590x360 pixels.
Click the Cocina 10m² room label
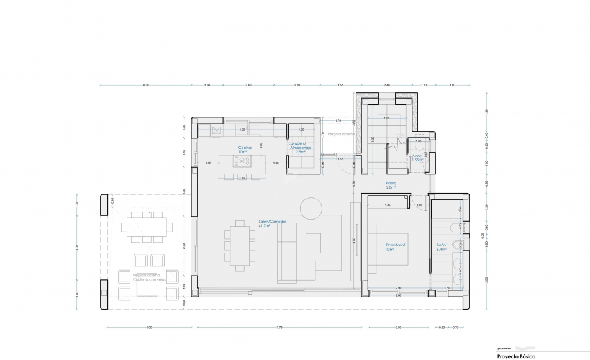243,150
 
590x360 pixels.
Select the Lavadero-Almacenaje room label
299,147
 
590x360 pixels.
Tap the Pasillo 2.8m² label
391,185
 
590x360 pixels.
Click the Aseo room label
417,158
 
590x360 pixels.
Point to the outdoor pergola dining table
147,225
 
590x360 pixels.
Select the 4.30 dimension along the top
145,84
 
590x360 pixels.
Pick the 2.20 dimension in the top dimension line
297,84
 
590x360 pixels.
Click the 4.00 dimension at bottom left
148,327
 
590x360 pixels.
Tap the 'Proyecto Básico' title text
516,356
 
